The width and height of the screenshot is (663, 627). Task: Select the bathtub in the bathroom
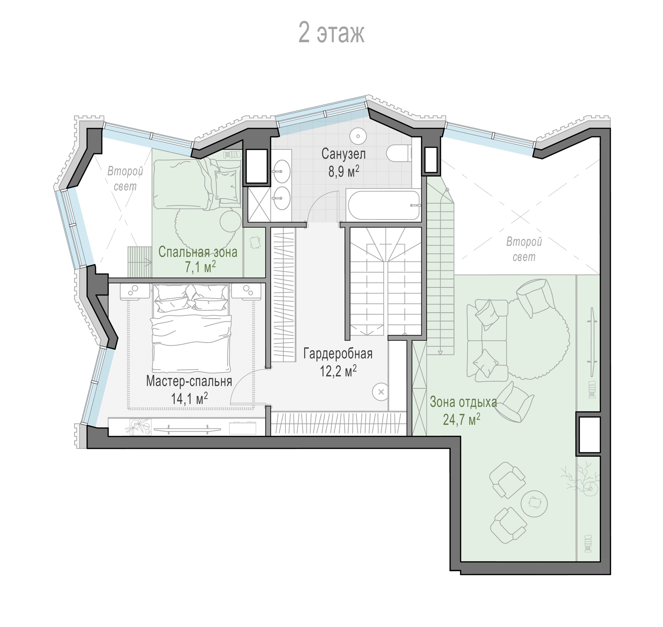pyautogui.click(x=384, y=205)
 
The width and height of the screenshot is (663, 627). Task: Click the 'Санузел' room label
pyautogui.click(x=343, y=154)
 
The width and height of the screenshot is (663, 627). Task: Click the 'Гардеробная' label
pyautogui.click(x=338, y=354)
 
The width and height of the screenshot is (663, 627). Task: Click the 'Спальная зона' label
pyautogui.click(x=198, y=252)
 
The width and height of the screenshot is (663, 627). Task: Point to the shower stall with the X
pyautogui.click(x=259, y=205)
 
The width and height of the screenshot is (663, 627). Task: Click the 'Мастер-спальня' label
pyautogui.click(x=189, y=381)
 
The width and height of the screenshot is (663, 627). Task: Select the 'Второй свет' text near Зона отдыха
pyautogui.click(x=524, y=249)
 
